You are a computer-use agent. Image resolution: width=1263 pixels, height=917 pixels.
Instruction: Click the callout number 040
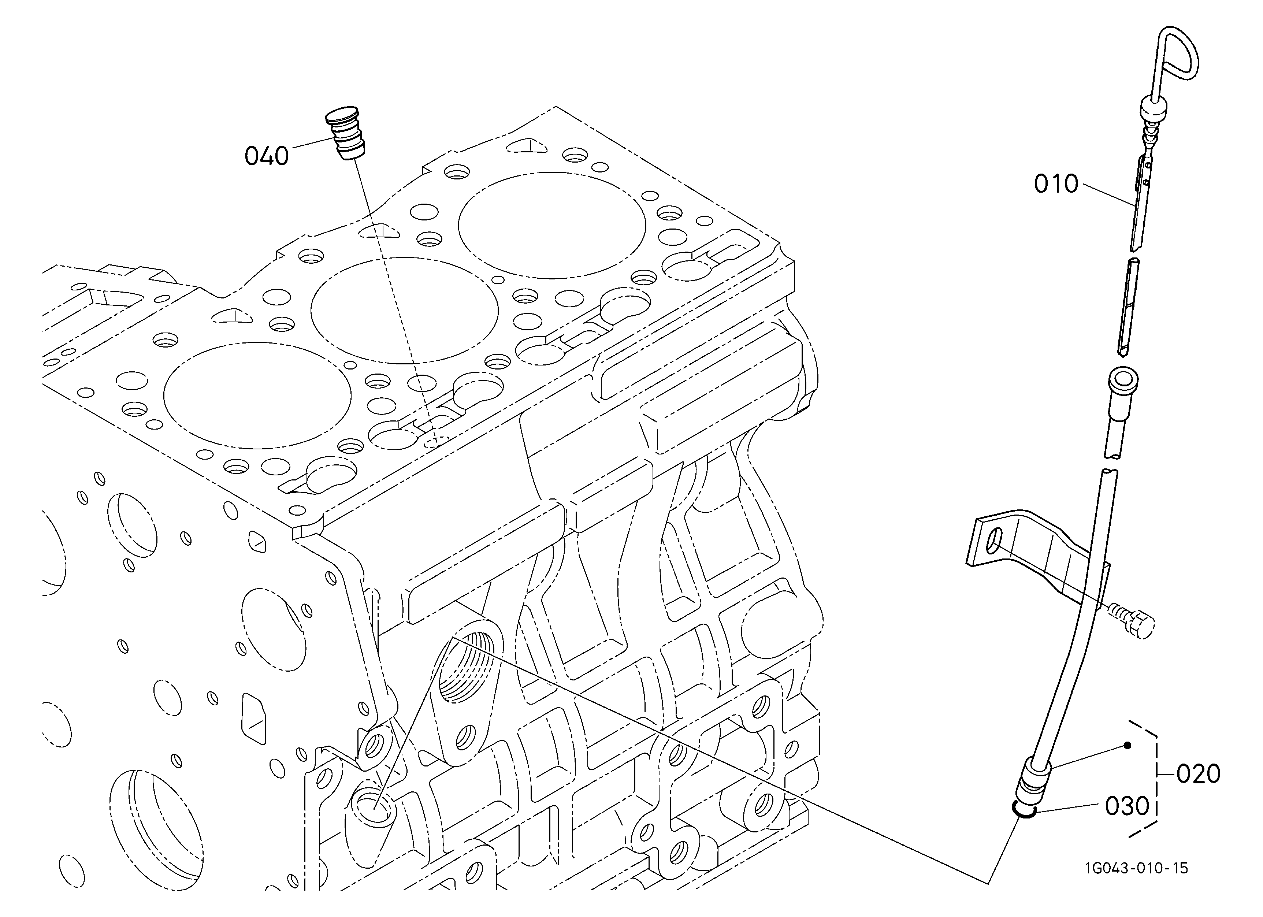click(x=267, y=156)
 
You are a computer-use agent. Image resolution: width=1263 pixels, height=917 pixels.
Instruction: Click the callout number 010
click(x=1056, y=184)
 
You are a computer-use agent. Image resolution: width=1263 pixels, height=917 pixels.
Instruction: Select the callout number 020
click(x=1199, y=774)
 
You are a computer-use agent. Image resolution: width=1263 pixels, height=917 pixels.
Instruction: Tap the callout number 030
click(x=1127, y=806)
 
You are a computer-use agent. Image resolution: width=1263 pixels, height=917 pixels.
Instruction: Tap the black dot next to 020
click(x=1127, y=746)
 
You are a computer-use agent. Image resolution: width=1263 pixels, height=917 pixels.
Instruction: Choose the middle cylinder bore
click(x=404, y=311)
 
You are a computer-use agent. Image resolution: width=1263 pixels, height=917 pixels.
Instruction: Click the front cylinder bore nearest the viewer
click(x=257, y=395)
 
